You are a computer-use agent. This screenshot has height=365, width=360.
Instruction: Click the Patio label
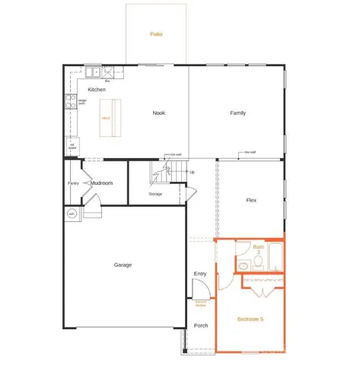[x=156, y=34]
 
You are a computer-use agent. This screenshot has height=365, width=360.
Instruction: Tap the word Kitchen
[x=96, y=90]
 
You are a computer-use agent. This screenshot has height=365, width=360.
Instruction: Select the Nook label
[x=159, y=113]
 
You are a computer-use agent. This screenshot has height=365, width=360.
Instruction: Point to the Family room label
[x=238, y=113]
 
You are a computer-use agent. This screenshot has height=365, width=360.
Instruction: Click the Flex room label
[x=251, y=201]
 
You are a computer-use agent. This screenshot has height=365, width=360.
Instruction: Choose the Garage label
[x=123, y=265]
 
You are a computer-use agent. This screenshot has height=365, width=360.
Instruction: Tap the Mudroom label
[x=102, y=183]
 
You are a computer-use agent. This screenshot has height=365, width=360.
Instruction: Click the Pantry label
[x=74, y=183]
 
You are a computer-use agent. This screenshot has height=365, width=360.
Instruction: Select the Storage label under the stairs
[x=155, y=195]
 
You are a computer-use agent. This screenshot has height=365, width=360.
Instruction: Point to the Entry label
[x=200, y=274]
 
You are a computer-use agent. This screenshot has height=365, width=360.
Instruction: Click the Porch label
[x=201, y=325]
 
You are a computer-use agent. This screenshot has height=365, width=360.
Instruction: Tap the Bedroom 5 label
[x=250, y=319]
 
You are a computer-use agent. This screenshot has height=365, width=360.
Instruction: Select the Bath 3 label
[x=258, y=248]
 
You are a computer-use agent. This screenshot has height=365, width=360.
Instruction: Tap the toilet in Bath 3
[x=258, y=262]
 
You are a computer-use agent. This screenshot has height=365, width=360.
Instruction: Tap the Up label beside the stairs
[x=192, y=172]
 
